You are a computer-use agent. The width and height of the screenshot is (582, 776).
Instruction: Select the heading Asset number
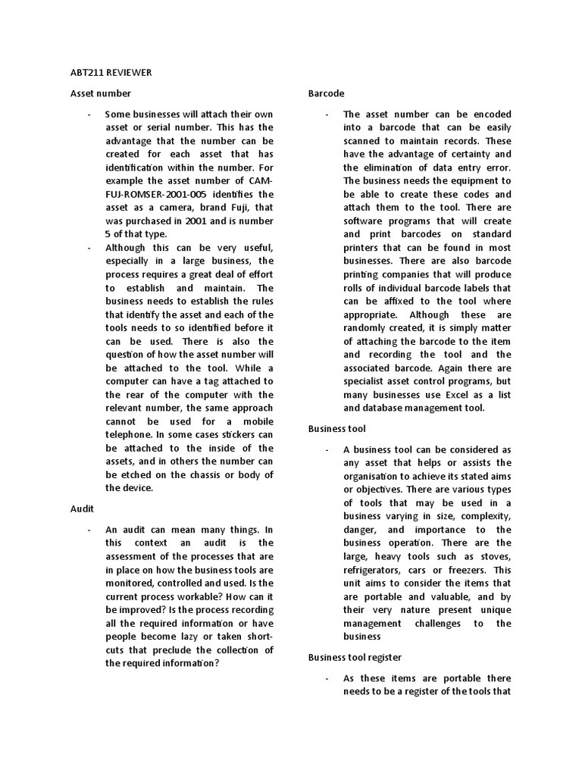tap(100, 93)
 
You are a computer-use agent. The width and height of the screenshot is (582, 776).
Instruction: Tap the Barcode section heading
tap(326, 93)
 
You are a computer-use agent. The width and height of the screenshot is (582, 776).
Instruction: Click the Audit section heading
tap(82, 508)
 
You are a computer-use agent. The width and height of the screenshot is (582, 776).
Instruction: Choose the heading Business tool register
tap(355, 657)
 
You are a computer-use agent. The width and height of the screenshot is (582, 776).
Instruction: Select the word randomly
tap(371, 327)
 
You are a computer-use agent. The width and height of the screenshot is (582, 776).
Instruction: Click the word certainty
tap(449, 154)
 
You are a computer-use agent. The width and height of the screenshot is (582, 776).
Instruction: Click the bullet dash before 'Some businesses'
tap(89, 114)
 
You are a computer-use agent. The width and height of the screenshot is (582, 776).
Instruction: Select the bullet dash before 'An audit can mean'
tap(89, 530)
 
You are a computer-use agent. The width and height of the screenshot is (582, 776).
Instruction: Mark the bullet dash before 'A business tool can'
tap(327, 449)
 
